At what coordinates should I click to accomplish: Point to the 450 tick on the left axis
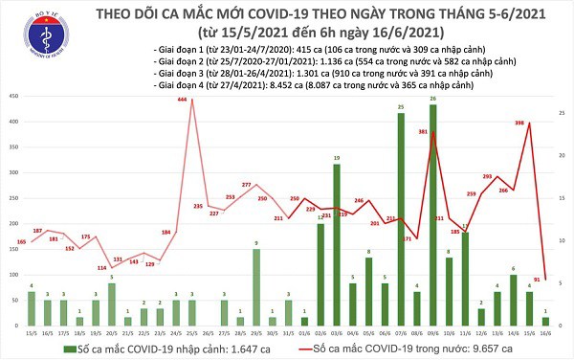coord(12,97)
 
